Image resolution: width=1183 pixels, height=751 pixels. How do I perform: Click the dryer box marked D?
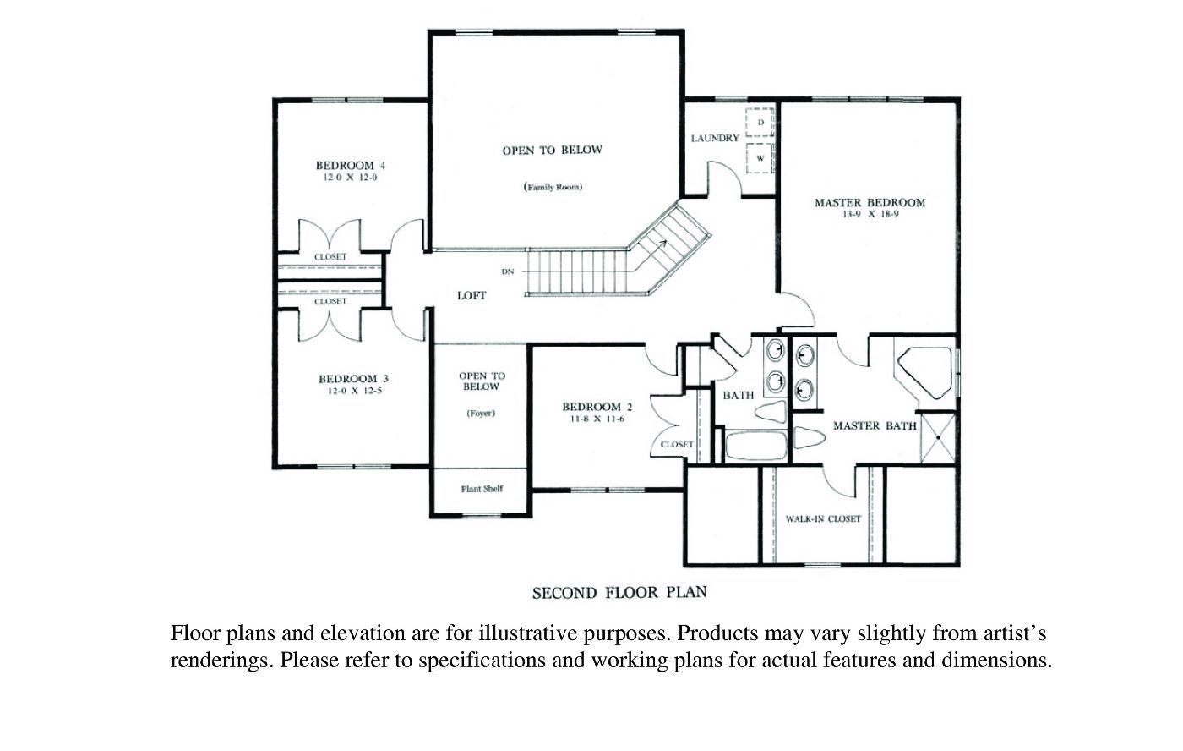click(760, 123)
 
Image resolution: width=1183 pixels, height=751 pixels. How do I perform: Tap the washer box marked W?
click(760, 158)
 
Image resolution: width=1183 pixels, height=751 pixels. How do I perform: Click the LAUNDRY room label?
click(715, 139)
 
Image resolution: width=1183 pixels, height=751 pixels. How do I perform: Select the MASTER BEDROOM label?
click(870, 202)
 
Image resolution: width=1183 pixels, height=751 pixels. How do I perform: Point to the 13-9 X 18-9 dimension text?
click(870, 215)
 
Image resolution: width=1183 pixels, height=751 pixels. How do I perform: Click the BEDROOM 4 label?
click(351, 166)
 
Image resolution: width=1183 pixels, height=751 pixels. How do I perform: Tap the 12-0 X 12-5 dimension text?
click(354, 391)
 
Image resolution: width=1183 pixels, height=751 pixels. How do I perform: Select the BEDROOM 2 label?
click(597, 407)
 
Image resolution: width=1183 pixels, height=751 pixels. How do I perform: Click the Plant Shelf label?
click(482, 489)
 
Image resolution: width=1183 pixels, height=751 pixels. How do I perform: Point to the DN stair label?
click(508, 272)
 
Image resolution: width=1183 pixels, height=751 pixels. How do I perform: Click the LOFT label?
click(472, 296)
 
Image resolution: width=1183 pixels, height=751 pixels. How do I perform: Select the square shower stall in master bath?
click(938, 438)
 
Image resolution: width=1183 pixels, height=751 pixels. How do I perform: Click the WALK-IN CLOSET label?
click(823, 519)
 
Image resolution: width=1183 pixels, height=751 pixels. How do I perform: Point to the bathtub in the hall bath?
click(756, 446)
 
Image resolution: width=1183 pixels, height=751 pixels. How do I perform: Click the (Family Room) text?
click(553, 187)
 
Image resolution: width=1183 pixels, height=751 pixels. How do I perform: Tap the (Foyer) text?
click(481, 414)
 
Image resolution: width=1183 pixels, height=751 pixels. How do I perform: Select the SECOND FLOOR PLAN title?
click(619, 593)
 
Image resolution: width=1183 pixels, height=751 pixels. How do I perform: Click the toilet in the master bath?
click(810, 437)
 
